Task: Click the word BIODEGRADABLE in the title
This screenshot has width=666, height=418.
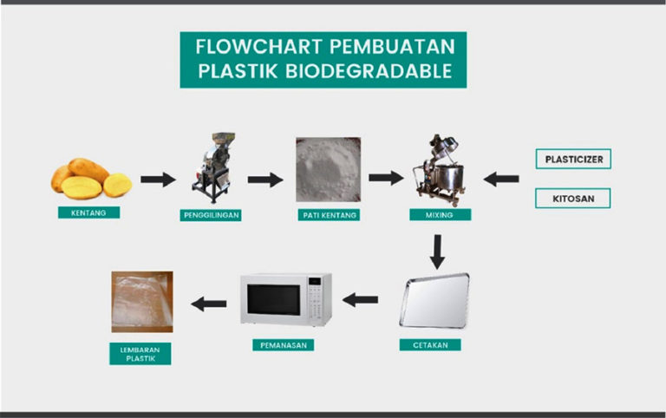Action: coord(369,71)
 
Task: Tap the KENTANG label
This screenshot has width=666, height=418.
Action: coord(88,212)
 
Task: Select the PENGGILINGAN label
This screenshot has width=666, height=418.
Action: coord(211,215)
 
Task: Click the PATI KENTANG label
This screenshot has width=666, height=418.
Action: coord(330,215)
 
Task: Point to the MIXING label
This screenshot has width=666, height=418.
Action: coord(440,214)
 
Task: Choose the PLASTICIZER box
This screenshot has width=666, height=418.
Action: coord(573,159)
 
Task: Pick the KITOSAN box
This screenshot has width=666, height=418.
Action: coord(573,199)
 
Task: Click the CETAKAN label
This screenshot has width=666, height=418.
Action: coord(430,344)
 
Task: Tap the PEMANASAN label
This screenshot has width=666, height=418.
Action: coord(284,345)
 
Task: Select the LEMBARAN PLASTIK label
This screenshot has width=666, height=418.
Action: coord(140,354)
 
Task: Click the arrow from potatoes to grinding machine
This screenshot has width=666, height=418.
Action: coord(158,180)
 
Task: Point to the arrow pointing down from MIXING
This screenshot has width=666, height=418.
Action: coord(437,251)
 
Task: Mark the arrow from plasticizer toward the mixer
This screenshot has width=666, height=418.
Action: coord(501,179)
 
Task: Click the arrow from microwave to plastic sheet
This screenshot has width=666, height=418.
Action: coord(209,304)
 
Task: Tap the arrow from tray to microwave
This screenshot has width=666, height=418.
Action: coord(360,299)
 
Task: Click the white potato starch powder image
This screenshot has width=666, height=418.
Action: coord(329,169)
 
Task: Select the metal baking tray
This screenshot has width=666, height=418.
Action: coord(434,301)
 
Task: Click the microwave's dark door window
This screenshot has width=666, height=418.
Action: coord(274,300)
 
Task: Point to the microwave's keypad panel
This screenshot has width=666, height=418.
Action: coord(315,299)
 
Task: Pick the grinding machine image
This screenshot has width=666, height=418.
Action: coord(213,167)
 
